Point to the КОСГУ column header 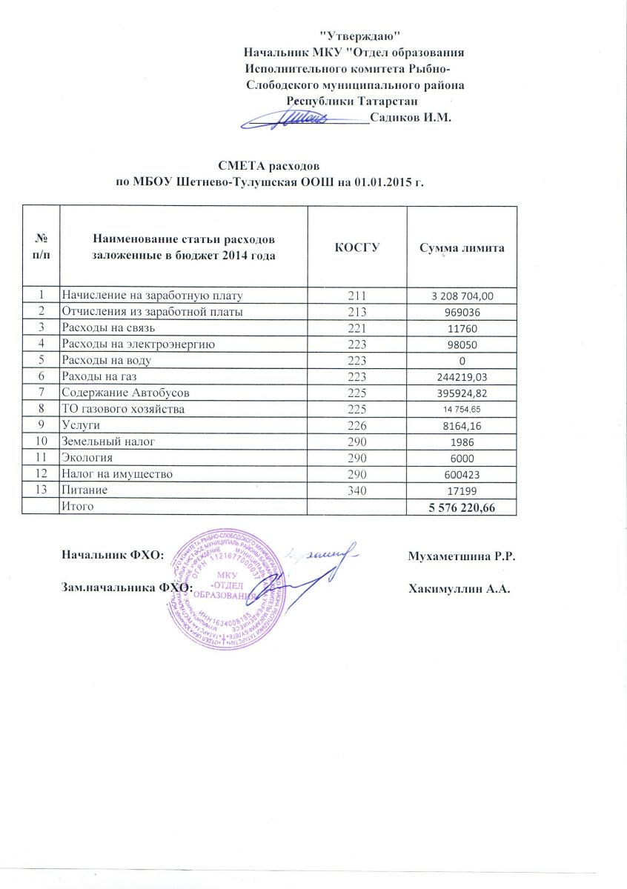click(357, 247)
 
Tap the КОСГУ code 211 click(357, 296)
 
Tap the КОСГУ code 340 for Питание click(357, 490)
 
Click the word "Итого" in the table click(78, 505)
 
